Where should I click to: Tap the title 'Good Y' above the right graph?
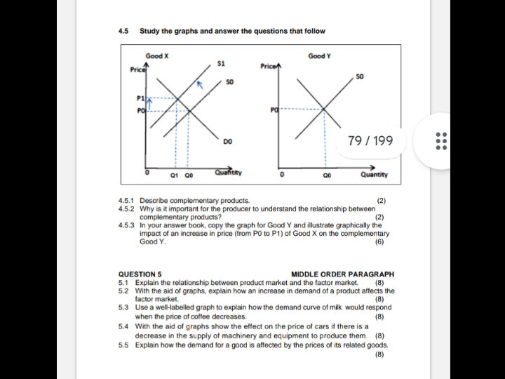click(319, 56)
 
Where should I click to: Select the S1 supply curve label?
click(221, 64)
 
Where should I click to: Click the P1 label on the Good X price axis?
click(140, 98)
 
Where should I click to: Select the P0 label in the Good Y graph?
click(274, 110)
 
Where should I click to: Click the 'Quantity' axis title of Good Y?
click(374, 175)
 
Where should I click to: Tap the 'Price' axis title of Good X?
click(137, 69)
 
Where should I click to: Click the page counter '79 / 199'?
click(370, 141)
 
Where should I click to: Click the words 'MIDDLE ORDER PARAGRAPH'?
click(342, 274)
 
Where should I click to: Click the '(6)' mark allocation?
click(379, 241)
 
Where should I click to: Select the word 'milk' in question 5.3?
click(337, 307)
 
